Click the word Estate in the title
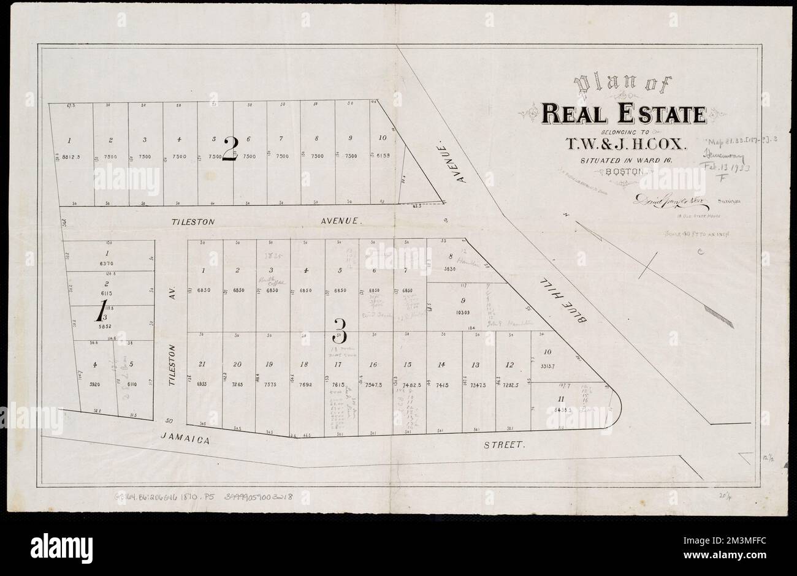tap(667, 114)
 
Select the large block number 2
tap(231, 149)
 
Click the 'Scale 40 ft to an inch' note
tap(689, 234)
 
